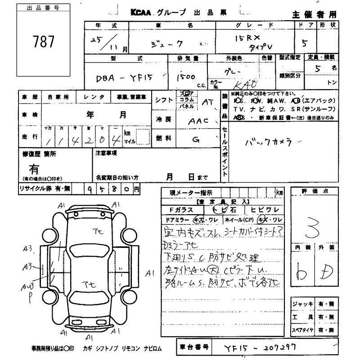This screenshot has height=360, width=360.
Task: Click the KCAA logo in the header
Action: point(143,13)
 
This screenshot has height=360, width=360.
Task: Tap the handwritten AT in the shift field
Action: point(207,102)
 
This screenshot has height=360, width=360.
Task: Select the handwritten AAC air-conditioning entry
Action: point(198,121)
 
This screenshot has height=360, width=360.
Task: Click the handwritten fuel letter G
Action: point(196,139)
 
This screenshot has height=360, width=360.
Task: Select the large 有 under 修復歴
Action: point(34,169)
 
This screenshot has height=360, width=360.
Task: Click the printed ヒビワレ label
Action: point(266,210)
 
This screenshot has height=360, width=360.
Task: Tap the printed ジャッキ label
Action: point(302,304)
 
